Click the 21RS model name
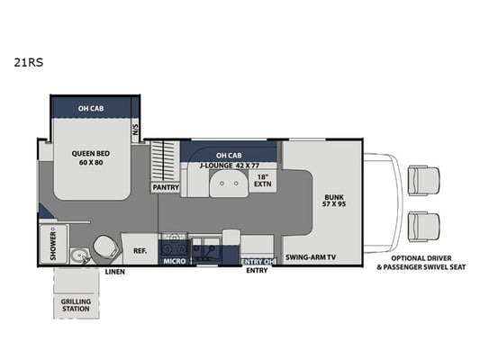(x=29, y=62)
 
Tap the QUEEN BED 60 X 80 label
(x=91, y=157)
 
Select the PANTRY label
(x=166, y=187)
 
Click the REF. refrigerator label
(x=140, y=251)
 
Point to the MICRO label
(x=175, y=261)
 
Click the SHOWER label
(x=53, y=246)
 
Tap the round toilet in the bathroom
(x=106, y=247)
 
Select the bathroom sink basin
(x=79, y=256)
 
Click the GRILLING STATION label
(x=76, y=305)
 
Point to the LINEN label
(x=115, y=272)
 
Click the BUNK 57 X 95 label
(x=334, y=201)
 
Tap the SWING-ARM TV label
(x=311, y=257)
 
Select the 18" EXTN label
(x=263, y=181)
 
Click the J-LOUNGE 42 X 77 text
(x=230, y=166)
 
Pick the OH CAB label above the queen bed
(x=91, y=108)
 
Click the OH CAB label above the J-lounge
(x=229, y=156)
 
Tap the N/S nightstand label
(x=136, y=130)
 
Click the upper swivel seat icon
(x=423, y=181)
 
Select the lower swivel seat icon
(x=423, y=226)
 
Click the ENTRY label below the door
(x=257, y=270)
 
